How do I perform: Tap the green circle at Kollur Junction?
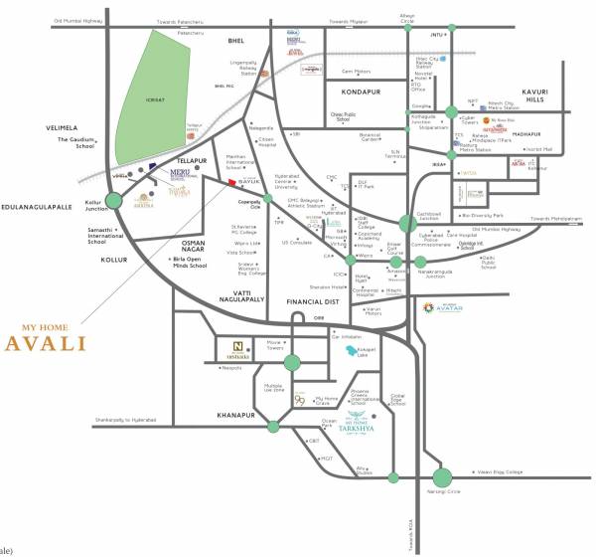tap(114, 201)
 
